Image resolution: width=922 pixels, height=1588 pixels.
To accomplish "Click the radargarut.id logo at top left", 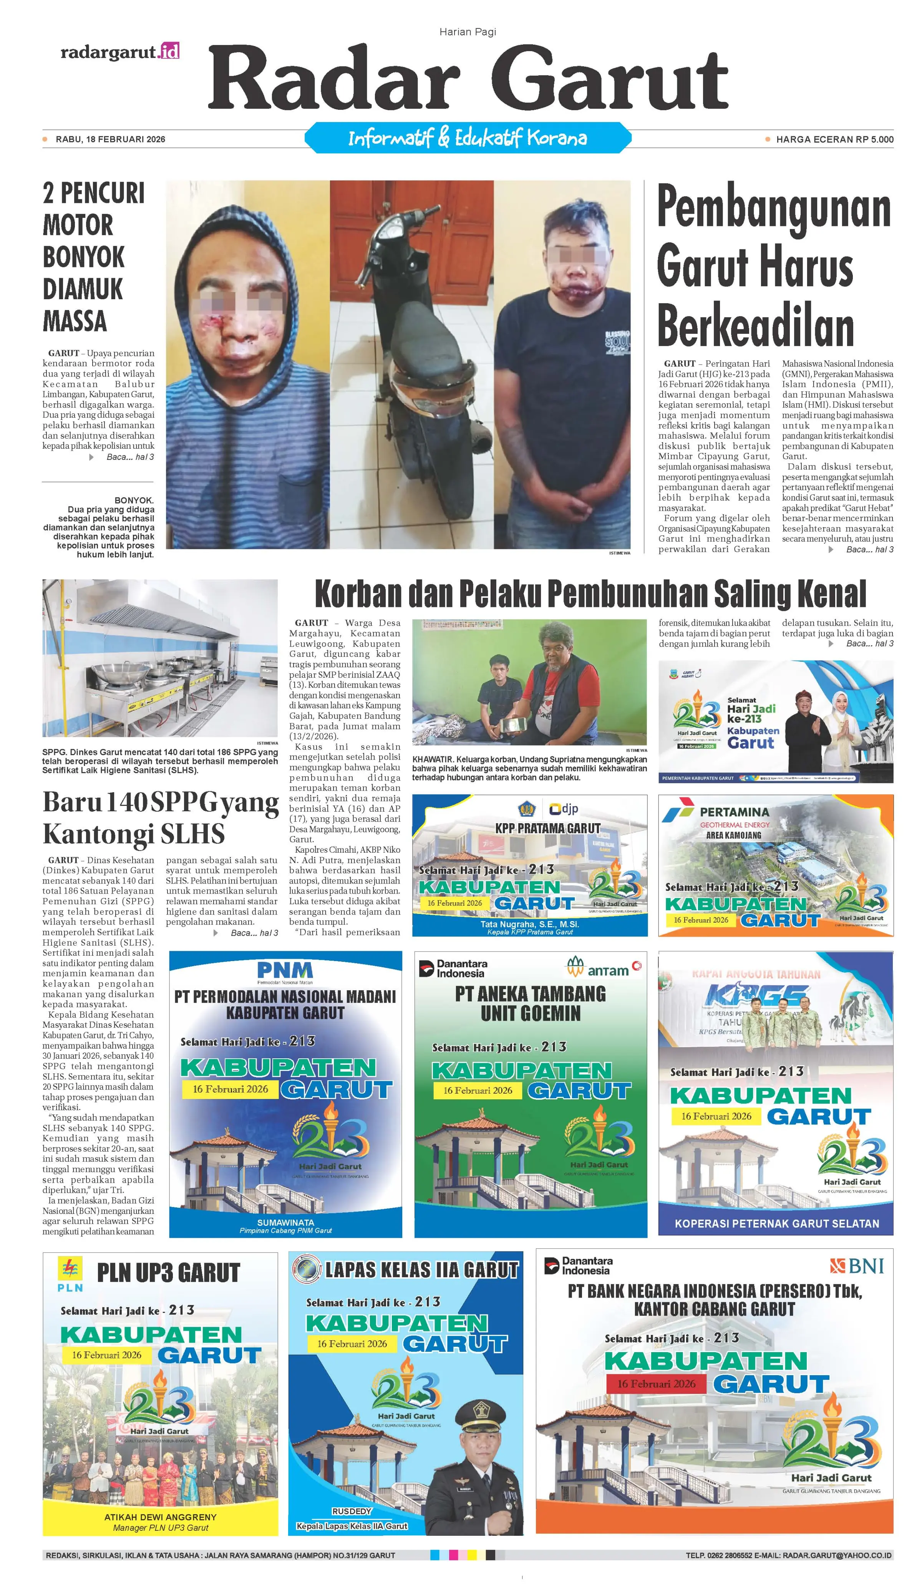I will tap(120, 52).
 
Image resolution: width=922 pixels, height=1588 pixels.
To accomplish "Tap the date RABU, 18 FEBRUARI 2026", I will tap(110, 139).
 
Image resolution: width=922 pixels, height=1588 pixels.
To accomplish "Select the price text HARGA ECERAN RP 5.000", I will tap(834, 139).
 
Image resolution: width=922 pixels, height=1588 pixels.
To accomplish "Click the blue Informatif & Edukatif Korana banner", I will tap(467, 138).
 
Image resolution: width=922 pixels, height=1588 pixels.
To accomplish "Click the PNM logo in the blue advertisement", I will tap(285, 970).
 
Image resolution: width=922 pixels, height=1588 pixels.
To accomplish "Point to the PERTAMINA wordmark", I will tap(734, 812).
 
